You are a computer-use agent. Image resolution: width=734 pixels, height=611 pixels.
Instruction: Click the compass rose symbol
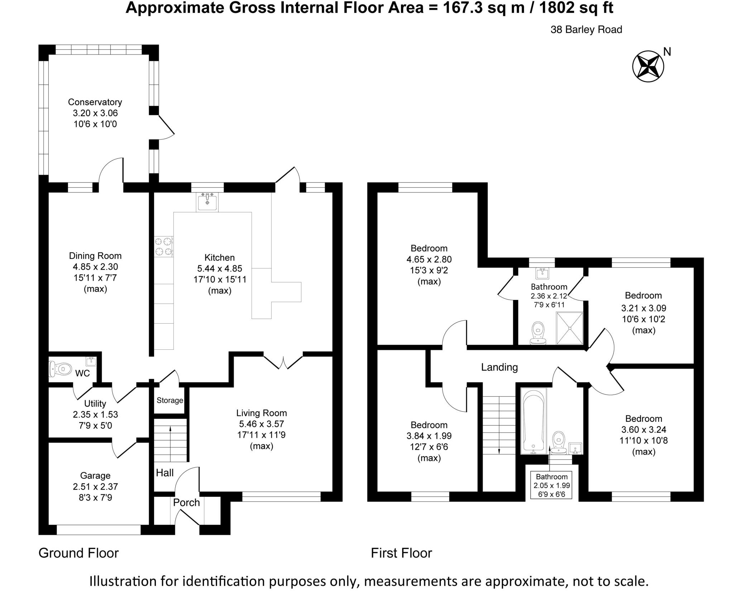pos(648,67)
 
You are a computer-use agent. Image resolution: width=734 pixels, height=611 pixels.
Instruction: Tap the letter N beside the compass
pos(667,52)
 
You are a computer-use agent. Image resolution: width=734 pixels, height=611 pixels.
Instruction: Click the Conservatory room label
pos(95,102)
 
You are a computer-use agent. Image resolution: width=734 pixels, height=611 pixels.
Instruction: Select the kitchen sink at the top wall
pos(207,201)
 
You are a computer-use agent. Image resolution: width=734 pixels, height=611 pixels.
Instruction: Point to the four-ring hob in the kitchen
pos(163,247)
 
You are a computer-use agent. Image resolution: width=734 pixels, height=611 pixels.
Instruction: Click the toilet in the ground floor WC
pos(61,369)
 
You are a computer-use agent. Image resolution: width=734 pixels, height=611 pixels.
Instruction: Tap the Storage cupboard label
pos(170,400)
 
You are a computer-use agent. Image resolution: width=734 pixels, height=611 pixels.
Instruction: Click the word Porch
pos(186,502)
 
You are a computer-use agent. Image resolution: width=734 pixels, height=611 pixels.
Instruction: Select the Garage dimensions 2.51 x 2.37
pos(95,487)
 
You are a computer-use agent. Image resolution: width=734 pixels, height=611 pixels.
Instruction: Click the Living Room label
pos(262,413)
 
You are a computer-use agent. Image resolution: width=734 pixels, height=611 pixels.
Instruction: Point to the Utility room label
pos(95,404)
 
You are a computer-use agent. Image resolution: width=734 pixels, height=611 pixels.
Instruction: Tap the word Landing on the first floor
pos(499,367)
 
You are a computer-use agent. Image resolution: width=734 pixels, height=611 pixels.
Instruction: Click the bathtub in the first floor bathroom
pos(533,421)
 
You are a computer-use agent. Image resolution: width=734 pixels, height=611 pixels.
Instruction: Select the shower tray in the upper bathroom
pos(569,328)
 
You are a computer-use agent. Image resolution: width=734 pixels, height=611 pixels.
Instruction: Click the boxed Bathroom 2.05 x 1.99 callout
pos(552,486)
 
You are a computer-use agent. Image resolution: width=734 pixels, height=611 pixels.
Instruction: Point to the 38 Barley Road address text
pos(586,30)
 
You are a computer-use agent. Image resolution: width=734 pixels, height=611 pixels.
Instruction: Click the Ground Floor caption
pos(78,553)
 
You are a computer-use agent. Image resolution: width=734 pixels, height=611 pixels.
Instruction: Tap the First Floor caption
pos(401,553)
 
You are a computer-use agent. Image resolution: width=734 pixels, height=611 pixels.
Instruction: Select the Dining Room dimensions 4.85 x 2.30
pos(95,267)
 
